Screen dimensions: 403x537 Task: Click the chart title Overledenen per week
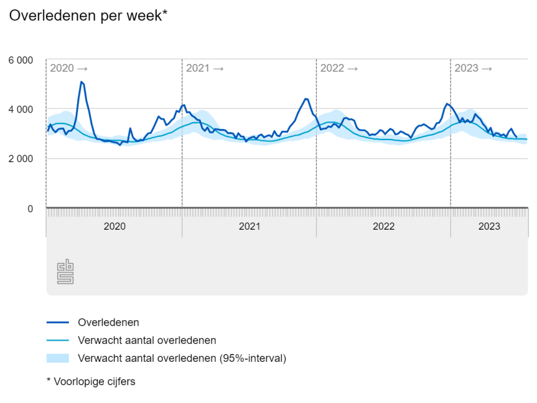coord(88,16)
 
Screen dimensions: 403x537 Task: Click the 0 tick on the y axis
coord(29,209)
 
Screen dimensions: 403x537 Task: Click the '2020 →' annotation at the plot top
coord(69,68)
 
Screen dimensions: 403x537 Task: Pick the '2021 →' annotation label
coord(205,68)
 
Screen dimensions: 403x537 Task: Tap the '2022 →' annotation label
coord(339,68)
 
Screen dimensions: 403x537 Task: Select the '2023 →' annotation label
coord(473,68)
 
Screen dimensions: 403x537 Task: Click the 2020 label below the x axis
coord(114,227)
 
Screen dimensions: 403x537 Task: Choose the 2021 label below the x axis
coord(249,227)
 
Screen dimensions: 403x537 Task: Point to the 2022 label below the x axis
coord(383,227)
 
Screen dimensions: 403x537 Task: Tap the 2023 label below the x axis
coord(489,227)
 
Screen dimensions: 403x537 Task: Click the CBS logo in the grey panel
coord(65,272)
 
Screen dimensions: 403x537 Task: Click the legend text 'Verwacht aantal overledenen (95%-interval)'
coord(182,358)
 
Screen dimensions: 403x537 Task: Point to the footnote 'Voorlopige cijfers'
coord(94,381)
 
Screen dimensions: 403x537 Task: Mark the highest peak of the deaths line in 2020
coord(81,82)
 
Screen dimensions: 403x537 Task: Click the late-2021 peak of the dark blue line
coord(305,98)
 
